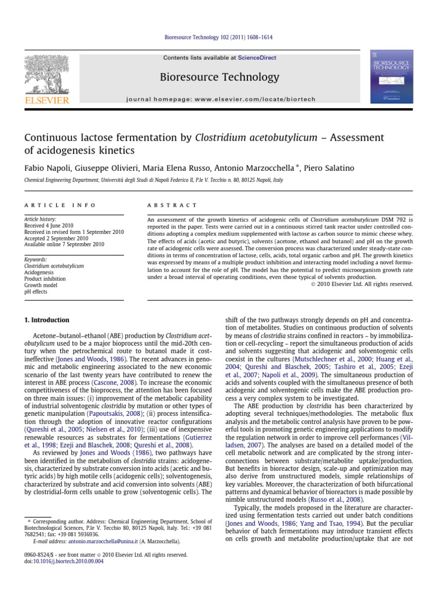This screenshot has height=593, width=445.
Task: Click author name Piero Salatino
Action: (x=335, y=167)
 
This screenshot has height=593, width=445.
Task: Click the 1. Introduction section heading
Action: (x=46, y=320)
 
